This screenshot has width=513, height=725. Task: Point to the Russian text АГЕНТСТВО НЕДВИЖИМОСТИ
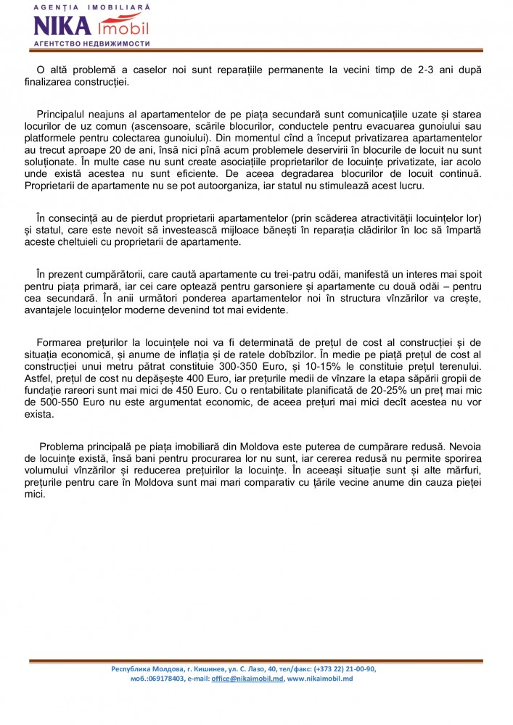(x=92, y=43)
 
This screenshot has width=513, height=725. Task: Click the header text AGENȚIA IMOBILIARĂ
(x=92, y=7)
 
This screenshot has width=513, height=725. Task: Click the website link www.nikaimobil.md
(x=320, y=679)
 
